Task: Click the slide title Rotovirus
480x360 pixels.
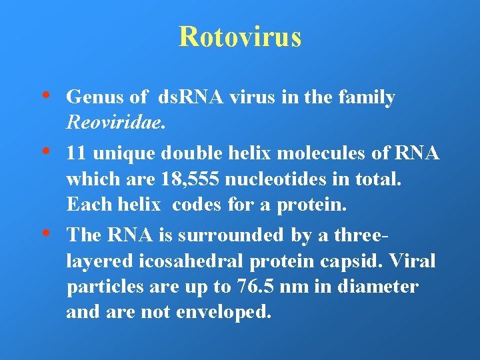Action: (239, 37)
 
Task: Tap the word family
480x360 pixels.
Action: (367, 97)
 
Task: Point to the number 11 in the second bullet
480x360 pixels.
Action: (76, 153)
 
